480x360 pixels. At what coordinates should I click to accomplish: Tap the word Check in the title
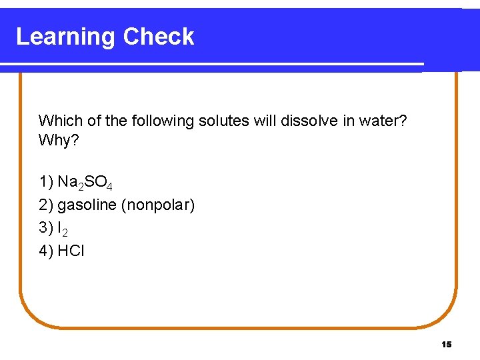coord(159,37)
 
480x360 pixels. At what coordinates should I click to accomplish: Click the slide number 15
coord(446,344)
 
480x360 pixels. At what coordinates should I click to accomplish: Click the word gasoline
coord(87,205)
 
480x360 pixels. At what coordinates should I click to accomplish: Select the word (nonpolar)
coord(158,205)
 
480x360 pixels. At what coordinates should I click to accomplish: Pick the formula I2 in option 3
coord(63,229)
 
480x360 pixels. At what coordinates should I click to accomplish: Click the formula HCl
coord(71,251)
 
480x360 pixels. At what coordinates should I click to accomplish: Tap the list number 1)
coord(46,181)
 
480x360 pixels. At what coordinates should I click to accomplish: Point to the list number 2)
coord(46,205)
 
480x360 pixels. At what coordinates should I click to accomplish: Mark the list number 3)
coord(46,228)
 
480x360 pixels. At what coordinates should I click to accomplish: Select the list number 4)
coord(46,251)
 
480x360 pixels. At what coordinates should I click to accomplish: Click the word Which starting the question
coord(57,121)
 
